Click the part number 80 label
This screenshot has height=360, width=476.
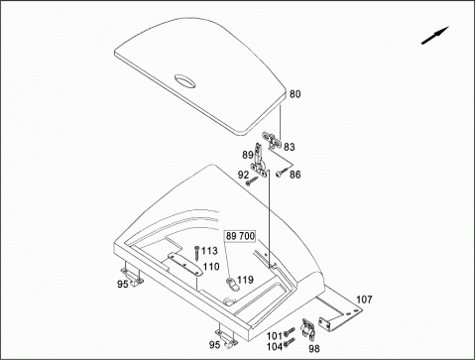click(x=296, y=94)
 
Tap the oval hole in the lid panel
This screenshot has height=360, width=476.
click(x=185, y=81)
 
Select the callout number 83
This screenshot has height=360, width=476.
click(x=289, y=147)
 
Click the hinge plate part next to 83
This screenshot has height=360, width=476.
click(x=272, y=140)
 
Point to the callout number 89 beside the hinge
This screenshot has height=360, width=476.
click(x=248, y=155)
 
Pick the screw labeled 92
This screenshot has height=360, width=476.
click(x=252, y=180)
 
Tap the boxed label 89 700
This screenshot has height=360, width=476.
click(x=240, y=236)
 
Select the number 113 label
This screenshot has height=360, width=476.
click(x=209, y=251)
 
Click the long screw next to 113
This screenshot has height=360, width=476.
click(x=196, y=254)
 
